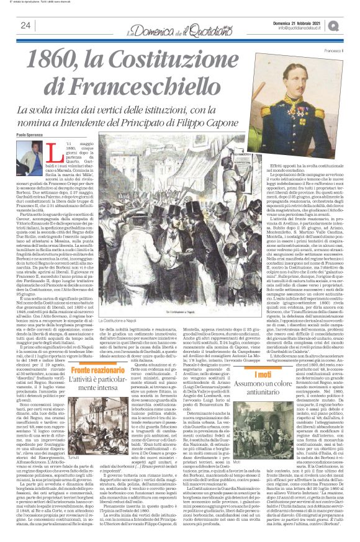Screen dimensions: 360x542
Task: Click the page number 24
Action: click(x=25, y=25)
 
